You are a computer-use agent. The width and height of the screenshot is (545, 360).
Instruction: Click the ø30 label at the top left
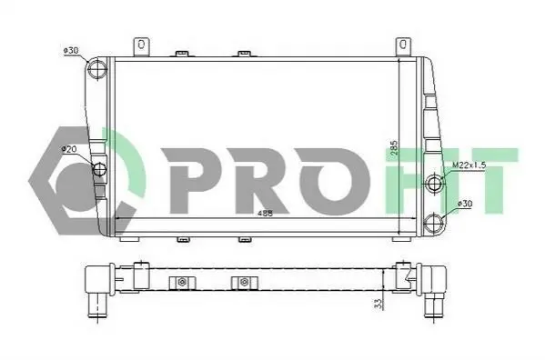(71, 51)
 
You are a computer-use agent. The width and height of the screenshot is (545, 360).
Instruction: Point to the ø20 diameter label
(69, 150)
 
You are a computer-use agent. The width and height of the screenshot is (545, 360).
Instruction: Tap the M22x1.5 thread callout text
(469, 165)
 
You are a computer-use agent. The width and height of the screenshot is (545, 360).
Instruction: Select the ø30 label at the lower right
(465, 204)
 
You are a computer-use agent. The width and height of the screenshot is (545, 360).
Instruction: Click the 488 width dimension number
(265, 214)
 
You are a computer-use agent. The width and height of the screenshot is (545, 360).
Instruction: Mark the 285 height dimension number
(393, 150)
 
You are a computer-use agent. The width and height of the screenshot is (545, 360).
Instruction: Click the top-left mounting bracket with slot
(141, 46)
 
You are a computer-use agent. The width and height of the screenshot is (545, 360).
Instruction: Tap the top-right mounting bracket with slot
(403, 46)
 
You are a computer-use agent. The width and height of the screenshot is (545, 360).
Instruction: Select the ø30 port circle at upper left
(97, 69)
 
